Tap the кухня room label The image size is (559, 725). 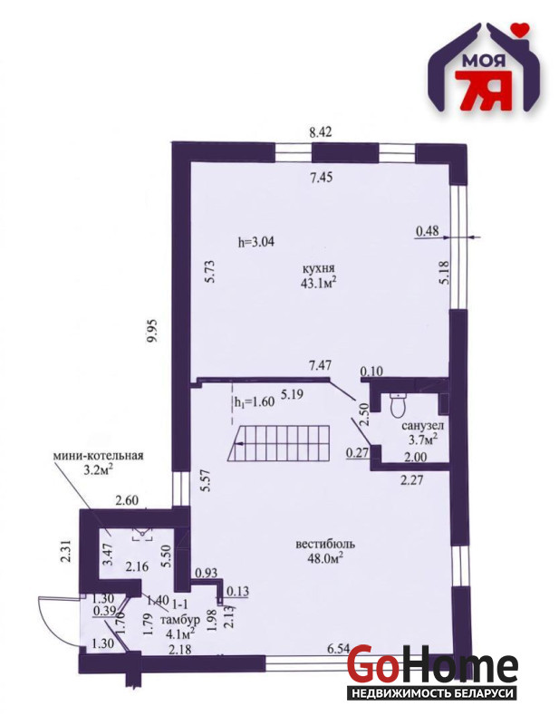pyautogui.click(x=318, y=267)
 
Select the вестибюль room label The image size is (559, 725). pyautogui.click(x=325, y=544)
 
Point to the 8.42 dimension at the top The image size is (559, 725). pyautogui.click(x=321, y=132)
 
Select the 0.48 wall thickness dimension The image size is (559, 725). pyautogui.click(x=427, y=230)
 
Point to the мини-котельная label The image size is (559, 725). pyautogui.click(x=98, y=456)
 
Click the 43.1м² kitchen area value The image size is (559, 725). pyautogui.click(x=318, y=282)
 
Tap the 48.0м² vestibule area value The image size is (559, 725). pyautogui.click(x=325, y=558)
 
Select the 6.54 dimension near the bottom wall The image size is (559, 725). pyautogui.click(x=339, y=649)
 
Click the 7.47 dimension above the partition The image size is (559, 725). pyautogui.click(x=320, y=365)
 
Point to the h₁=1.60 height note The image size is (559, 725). pyautogui.click(x=254, y=401)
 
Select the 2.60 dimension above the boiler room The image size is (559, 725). pyautogui.click(x=127, y=500)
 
